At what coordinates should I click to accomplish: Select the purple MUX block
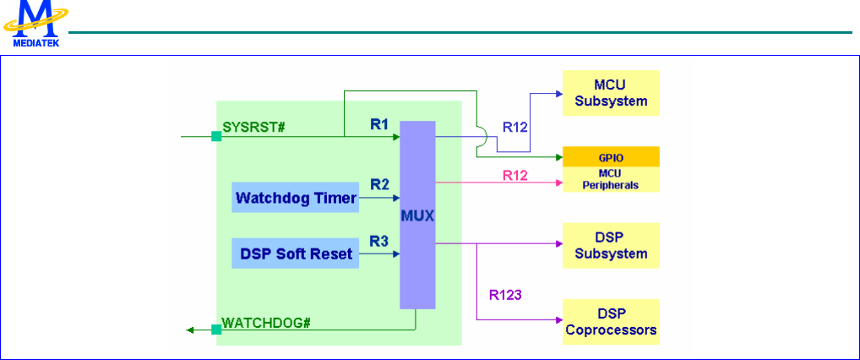[x=418, y=215]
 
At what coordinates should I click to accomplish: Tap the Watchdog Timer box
[x=295, y=199]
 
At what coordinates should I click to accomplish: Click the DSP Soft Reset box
[x=295, y=254]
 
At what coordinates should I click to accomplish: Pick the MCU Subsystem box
[x=611, y=94]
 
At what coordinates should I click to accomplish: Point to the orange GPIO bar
[x=611, y=157]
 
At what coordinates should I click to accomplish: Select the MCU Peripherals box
[x=611, y=179]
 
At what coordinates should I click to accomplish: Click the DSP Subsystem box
[x=611, y=246]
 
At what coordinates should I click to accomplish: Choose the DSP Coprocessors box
[x=611, y=322]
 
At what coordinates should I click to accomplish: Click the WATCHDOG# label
[x=260, y=322]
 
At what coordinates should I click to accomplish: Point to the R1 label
[x=380, y=124]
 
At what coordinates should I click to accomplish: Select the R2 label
[x=380, y=183]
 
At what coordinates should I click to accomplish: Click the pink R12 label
[x=516, y=175]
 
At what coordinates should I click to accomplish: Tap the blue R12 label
[x=516, y=128]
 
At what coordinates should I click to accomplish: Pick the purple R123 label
[x=506, y=295]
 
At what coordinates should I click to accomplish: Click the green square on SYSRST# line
[x=216, y=135]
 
